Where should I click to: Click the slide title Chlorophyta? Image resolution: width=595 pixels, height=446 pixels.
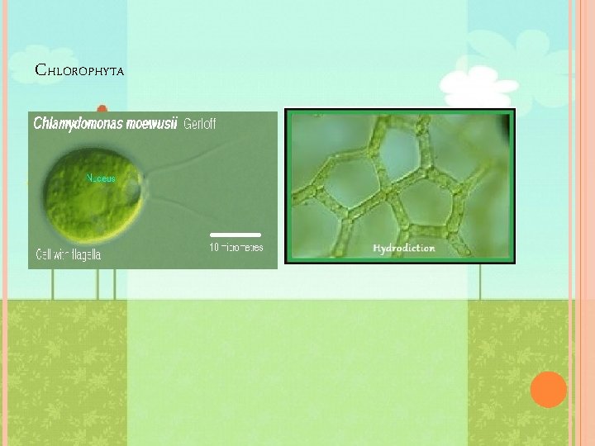point(79,70)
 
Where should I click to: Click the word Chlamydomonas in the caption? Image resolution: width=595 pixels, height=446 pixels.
point(74,125)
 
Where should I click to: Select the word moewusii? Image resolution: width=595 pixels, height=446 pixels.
point(147,125)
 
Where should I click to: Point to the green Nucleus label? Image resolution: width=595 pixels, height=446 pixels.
point(102,178)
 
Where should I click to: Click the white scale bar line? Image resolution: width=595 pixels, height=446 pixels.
point(236,235)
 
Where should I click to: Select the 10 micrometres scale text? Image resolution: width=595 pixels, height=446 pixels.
point(236,247)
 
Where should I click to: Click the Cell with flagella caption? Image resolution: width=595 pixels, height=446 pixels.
point(69,254)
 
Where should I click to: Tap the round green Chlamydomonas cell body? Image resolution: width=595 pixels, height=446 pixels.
point(89,192)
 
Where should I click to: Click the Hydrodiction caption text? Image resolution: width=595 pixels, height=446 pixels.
point(404,248)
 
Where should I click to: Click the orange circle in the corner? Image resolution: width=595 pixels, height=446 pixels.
point(549,389)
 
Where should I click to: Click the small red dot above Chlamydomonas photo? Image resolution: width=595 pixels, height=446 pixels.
point(102,108)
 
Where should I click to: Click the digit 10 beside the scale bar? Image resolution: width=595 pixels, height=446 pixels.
point(214,247)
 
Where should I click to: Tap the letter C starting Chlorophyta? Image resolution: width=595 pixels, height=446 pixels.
point(40,69)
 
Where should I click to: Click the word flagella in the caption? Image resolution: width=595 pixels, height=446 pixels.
point(84,254)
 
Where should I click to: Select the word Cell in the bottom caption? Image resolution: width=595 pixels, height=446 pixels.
point(44,254)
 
